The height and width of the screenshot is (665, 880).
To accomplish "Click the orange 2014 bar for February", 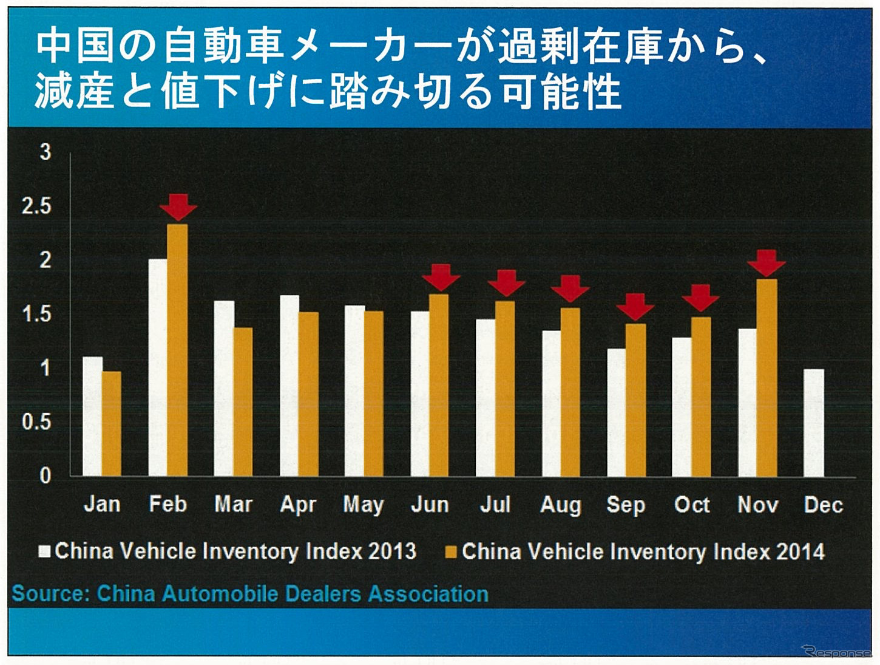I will pos(177,350).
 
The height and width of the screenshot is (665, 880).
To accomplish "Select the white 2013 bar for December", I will pos(813,423).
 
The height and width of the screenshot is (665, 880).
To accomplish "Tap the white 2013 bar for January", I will pos(92,416).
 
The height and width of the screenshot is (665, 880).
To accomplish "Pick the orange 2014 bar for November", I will pos(767,377).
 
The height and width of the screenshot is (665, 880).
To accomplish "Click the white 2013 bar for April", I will pos(289,385).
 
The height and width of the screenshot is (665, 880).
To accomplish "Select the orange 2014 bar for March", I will pos(243,401).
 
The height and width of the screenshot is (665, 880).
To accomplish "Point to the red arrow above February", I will pos(178,206).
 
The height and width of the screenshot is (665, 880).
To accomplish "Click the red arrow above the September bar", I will pos(635,306).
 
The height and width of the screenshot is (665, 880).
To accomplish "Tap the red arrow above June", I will pos(441,277).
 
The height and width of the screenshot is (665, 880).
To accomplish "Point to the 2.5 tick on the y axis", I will pos(36,206).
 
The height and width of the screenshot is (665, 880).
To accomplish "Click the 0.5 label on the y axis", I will pos(36,421).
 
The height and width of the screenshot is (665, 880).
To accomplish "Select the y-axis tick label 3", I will pos(46,152).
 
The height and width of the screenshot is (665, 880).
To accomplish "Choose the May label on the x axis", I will pos(363,505).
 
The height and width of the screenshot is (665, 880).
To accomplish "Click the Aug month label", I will pos(560,505).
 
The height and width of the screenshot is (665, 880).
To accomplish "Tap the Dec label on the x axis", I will pos(823,505).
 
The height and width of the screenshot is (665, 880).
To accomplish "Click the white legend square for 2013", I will pos(44,551).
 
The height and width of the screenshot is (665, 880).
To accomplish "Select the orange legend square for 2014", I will pos(451,552).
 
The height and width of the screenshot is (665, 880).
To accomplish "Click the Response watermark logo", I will pos(836,652).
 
